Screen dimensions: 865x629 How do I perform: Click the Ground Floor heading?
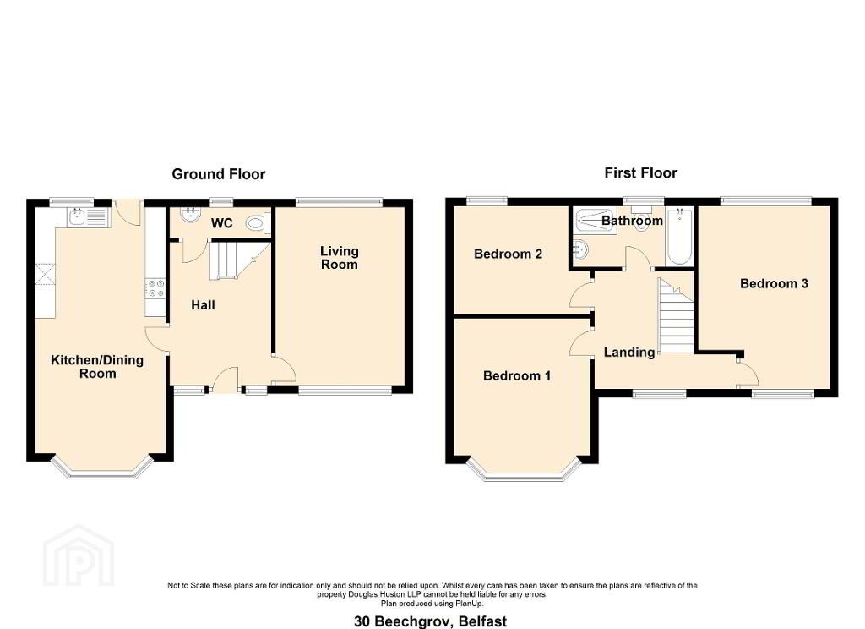click(219, 174)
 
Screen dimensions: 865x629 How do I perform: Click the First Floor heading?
click(640, 172)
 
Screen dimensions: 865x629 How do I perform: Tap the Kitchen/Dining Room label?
click(97, 367)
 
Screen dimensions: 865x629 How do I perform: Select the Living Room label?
click(340, 258)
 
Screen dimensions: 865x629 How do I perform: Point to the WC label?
click(222, 223)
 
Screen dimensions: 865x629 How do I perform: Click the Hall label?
click(203, 305)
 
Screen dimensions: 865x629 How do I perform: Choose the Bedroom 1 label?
click(517, 376)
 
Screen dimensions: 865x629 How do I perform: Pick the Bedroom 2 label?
click(508, 254)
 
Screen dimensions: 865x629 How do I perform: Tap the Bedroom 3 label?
click(774, 284)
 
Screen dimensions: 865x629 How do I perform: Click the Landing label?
click(629, 353)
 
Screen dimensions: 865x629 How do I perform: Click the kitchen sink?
click(89, 217)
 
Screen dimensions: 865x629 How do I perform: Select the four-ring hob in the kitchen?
click(155, 288)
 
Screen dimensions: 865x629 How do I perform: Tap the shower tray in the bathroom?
click(594, 222)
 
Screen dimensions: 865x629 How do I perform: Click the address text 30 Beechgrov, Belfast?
click(430, 621)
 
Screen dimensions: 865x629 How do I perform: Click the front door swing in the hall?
click(225, 380)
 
